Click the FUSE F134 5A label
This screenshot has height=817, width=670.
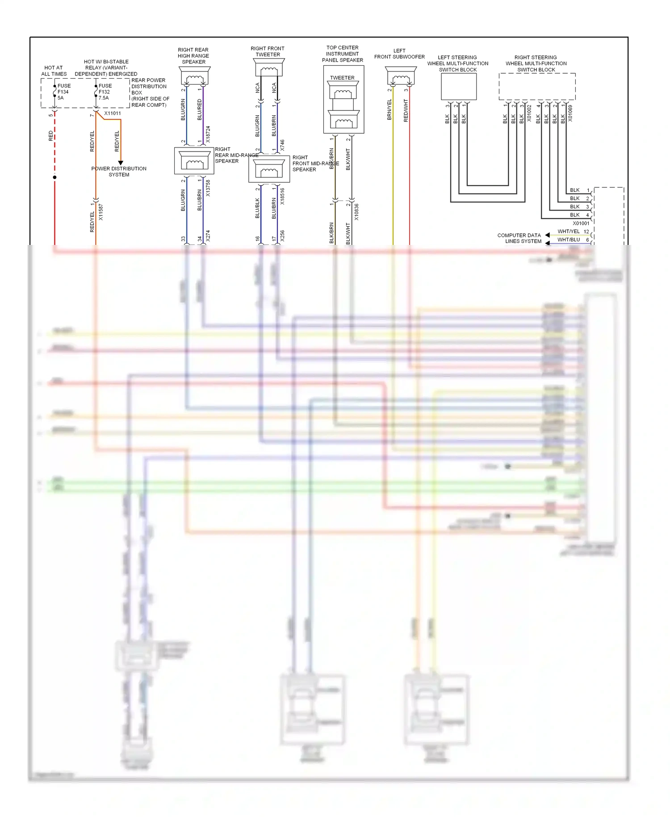click(x=63, y=92)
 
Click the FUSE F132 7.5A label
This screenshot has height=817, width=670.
click(x=105, y=92)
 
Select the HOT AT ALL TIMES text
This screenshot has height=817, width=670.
click(x=54, y=71)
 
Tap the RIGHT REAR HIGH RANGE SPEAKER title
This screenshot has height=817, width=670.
click(x=193, y=56)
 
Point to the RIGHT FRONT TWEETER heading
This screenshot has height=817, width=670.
click(x=268, y=51)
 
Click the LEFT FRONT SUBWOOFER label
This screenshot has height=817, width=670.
click(x=399, y=54)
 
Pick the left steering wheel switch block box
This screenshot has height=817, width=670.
click(x=459, y=86)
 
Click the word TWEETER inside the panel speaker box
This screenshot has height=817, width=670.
click(x=342, y=78)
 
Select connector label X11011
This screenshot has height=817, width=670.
click(x=113, y=114)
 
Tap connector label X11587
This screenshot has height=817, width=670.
click(x=101, y=212)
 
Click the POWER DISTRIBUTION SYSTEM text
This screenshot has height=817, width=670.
click(x=119, y=172)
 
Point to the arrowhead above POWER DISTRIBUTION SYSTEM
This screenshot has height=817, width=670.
click(x=121, y=163)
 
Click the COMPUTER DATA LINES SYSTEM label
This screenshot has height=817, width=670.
click(x=519, y=238)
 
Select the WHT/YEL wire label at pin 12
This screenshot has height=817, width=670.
click(x=568, y=232)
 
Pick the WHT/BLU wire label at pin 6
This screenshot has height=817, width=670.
click(x=568, y=240)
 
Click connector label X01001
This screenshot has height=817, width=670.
click(x=581, y=223)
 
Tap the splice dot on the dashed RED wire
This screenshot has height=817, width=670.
click(x=54, y=177)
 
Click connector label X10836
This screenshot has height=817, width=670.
click(x=356, y=212)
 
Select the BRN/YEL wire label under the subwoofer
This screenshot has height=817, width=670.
click(x=389, y=109)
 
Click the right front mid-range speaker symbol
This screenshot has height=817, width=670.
click(x=269, y=170)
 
